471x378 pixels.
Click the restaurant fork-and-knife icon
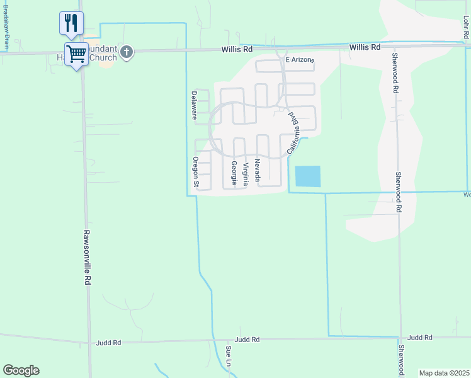click(71, 23)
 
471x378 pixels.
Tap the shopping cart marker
click(76, 54)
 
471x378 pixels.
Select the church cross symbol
click(126, 52)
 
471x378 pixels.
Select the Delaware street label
click(195, 105)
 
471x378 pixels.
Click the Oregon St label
click(196, 172)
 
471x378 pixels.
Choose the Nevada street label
click(258, 171)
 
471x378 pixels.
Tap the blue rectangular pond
click(307, 176)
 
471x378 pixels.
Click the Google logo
click(21, 370)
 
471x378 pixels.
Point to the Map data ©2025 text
click(444, 373)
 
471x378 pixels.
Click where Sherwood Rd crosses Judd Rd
click(401, 338)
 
